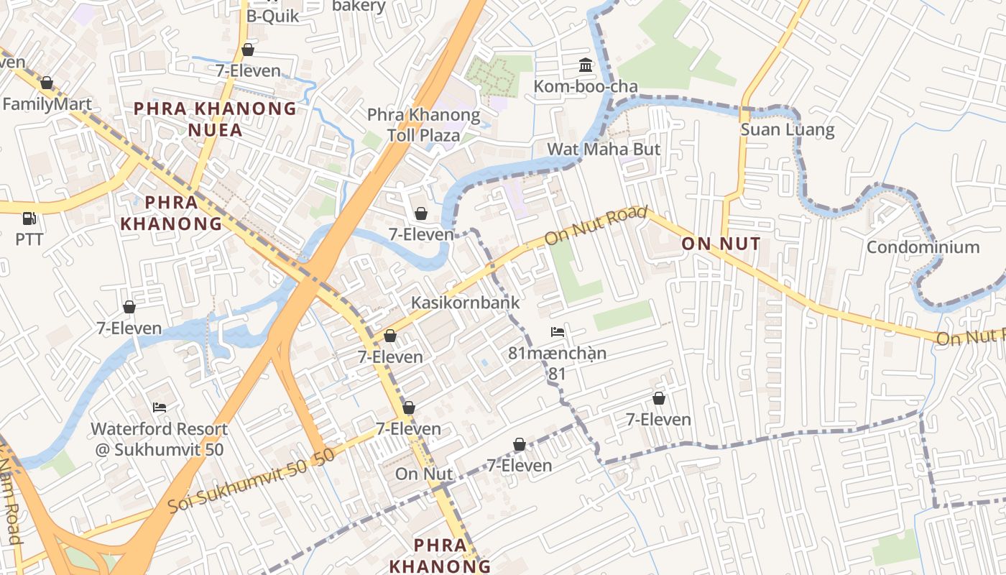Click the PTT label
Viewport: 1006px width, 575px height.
(29, 239)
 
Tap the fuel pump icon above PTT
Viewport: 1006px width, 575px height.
(29, 218)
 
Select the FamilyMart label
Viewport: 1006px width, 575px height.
(47, 104)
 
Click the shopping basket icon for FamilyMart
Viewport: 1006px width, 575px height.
(47, 83)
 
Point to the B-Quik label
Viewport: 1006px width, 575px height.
(272, 16)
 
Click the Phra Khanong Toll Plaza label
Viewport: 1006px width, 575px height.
(423, 125)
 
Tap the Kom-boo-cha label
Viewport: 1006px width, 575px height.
(586, 87)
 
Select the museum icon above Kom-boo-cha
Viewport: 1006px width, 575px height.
(586, 66)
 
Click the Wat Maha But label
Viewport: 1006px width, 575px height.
(604, 149)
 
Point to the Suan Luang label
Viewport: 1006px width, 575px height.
(788, 130)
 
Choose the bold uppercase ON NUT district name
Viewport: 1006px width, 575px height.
(721, 244)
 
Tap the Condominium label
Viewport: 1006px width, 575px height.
(923, 247)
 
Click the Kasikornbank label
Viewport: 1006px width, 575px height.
(465, 303)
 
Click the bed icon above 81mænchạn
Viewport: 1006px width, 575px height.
(557, 332)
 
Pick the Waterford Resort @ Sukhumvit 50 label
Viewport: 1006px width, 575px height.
(159, 439)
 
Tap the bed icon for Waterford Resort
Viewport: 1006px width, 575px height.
(160, 408)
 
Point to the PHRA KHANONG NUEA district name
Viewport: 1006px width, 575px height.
(215, 119)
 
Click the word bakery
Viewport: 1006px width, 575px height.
(359, 6)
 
